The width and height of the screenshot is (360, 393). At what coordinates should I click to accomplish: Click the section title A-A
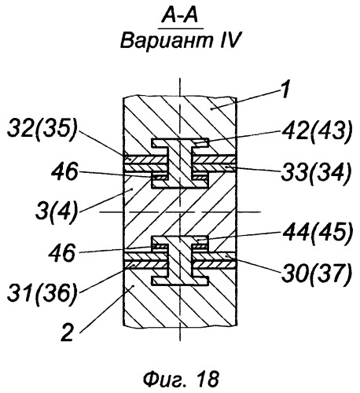(180, 16)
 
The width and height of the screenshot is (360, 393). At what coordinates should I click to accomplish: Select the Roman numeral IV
(230, 41)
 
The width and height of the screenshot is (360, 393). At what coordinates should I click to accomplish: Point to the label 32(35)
(42, 130)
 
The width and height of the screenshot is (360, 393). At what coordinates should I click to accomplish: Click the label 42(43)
(317, 130)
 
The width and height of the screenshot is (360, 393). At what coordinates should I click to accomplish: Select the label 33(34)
(316, 173)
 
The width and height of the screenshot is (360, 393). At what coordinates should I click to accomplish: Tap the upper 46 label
(64, 171)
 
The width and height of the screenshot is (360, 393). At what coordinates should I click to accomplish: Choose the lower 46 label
(62, 253)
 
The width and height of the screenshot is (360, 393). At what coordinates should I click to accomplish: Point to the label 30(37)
(316, 274)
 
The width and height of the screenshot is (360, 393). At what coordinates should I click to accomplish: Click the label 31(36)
(42, 294)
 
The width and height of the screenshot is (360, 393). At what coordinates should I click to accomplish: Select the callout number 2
(68, 332)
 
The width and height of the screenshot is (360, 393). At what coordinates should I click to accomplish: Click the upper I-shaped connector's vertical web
(179, 163)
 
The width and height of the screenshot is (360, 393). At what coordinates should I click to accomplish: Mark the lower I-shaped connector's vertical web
(179, 260)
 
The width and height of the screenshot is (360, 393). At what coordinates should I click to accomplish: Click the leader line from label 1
(246, 99)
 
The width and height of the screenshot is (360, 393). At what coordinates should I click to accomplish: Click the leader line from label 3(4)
(105, 201)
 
